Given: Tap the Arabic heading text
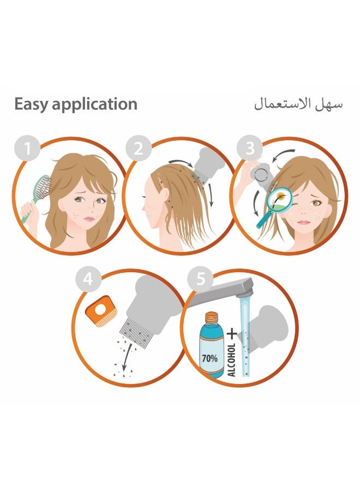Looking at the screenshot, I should [x=298, y=104].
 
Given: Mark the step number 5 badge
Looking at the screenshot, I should [x=200, y=280].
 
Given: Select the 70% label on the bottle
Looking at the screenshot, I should [x=208, y=359].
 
